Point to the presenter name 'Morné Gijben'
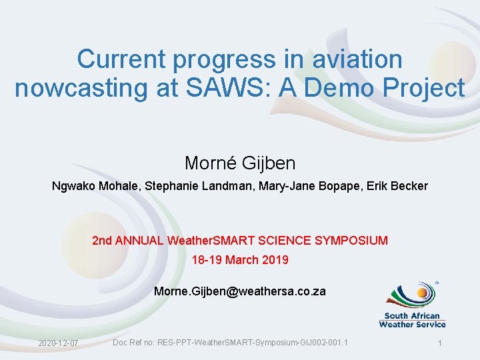240,163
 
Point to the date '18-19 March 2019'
240,260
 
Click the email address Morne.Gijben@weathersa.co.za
240,291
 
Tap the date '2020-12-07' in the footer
58,343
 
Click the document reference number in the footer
230,343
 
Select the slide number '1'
440,343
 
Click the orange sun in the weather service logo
423,291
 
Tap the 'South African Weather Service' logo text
412,320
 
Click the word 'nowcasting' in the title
79,88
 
